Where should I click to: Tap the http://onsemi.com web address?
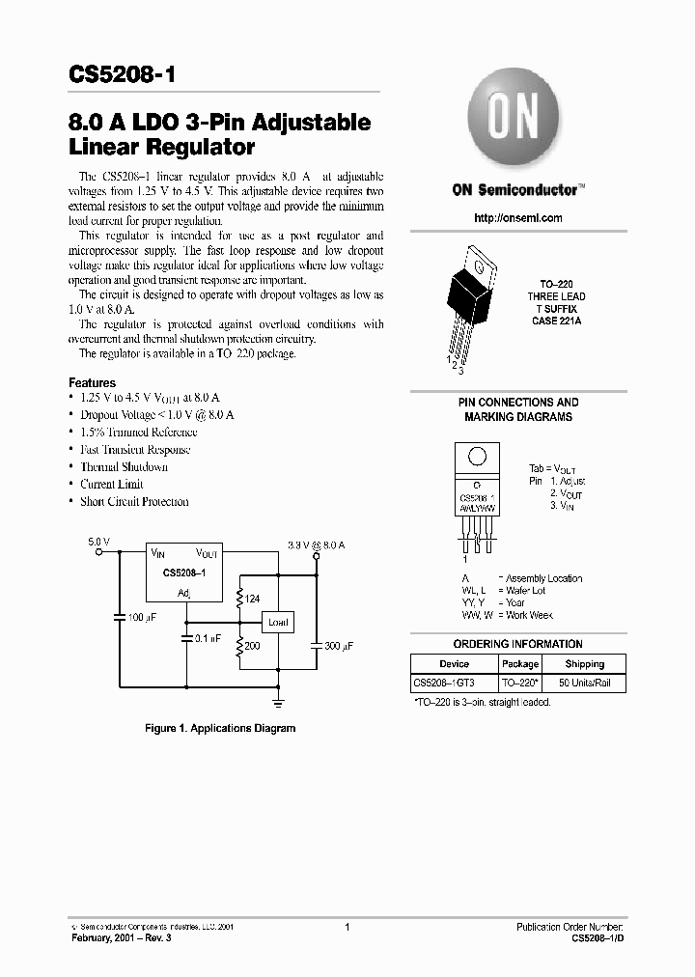(518, 218)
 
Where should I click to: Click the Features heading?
(93, 382)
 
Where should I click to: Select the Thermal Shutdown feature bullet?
(124, 467)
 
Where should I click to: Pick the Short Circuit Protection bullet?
(134, 502)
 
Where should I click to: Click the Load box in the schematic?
(277, 622)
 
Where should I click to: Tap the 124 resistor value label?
(252, 600)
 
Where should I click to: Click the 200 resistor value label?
(251, 644)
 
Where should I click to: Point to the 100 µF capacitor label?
(142, 617)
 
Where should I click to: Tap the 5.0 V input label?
(99, 544)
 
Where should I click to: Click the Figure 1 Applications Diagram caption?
(220, 728)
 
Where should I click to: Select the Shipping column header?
(584, 664)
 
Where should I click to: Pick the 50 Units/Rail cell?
(584, 684)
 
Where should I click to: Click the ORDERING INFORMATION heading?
(518, 644)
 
